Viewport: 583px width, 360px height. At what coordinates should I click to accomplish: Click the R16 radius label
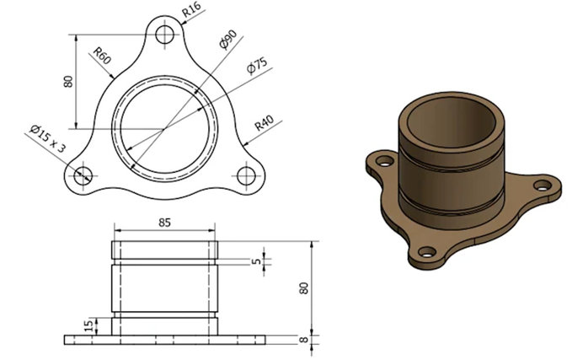pos(192,10)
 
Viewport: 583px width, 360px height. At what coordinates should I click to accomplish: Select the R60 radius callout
pos(102,56)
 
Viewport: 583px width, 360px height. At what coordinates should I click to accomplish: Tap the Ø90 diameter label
pos(228,39)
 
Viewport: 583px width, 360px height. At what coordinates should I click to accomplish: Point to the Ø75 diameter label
pos(257,66)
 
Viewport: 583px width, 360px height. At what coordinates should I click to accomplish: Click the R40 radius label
pos(265,123)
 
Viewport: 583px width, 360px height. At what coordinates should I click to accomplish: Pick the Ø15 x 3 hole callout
pos(47,139)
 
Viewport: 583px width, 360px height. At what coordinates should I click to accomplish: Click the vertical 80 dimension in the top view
pos(68,82)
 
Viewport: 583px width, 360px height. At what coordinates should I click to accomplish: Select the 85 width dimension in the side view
pos(164,223)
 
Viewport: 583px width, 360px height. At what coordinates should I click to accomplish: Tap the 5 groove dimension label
pos(257,261)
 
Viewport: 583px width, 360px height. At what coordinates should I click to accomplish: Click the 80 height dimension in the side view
pos(304,288)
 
